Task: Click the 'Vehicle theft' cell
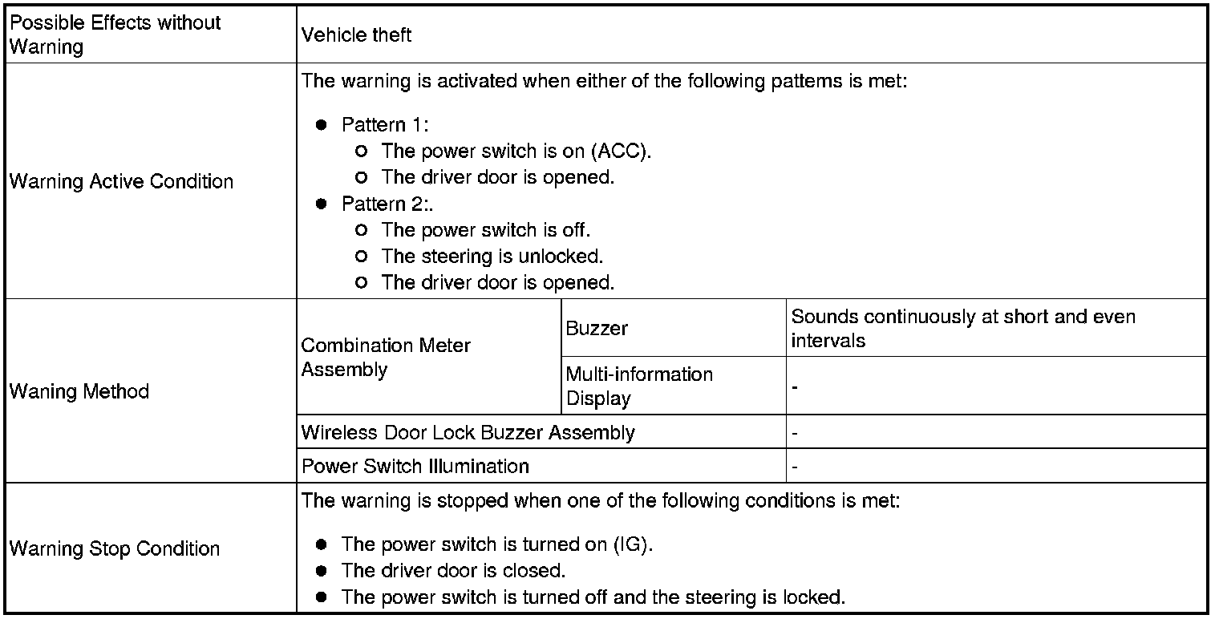(x=356, y=34)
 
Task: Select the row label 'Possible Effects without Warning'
(x=114, y=34)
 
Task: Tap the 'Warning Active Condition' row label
(x=121, y=182)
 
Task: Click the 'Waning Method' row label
(x=79, y=392)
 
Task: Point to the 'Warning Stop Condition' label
(x=114, y=549)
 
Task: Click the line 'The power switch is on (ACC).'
(x=516, y=152)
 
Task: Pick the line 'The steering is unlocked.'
(x=492, y=257)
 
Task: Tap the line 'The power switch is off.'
(x=485, y=230)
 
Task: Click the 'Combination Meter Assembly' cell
(x=386, y=358)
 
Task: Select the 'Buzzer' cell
(x=597, y=328)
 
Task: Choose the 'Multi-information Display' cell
(x=638, y=386)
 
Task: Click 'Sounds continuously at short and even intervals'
(x=962, y=328)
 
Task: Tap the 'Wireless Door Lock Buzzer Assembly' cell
(x=468, y=433)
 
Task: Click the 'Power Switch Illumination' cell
(x=415, y=467)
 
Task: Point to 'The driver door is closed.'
(x=453, y=571)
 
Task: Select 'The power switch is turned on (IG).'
(x=497, y=544)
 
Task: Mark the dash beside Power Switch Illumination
(x=795, y=467)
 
